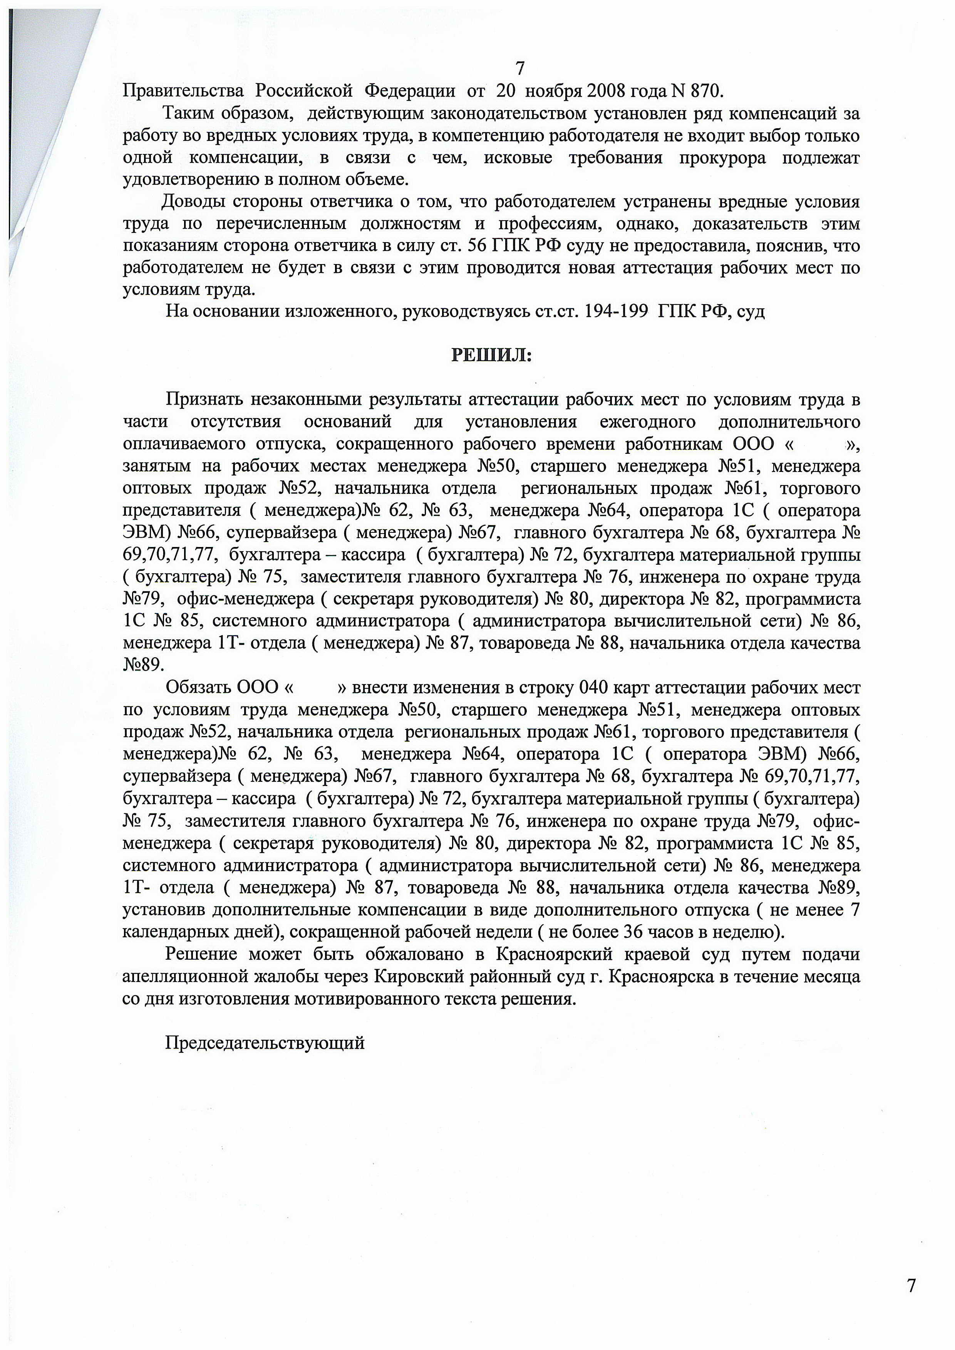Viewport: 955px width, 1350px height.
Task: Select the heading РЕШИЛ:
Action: pos(491,355)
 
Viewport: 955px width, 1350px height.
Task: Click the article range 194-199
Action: pos(615,311)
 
